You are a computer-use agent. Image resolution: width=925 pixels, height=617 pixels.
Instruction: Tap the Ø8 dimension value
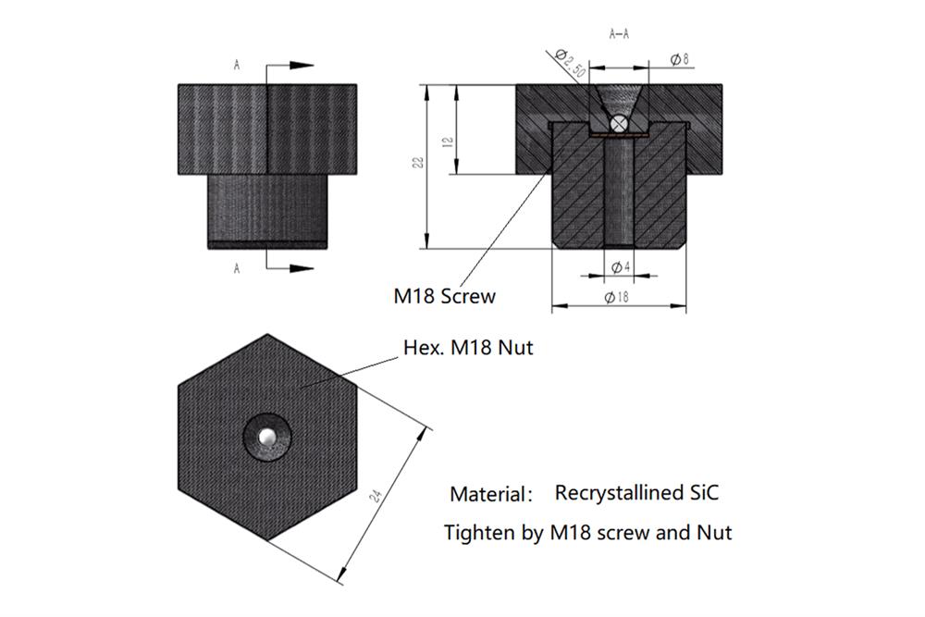[679, 58]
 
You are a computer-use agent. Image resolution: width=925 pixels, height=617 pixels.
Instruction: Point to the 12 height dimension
[448, 142]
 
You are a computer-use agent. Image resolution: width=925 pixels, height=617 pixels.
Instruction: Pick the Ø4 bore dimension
[621, 267]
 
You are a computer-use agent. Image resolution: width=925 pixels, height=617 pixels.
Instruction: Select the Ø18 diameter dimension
[617, 297]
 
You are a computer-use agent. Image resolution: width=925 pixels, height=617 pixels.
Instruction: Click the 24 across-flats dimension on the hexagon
[376, 496]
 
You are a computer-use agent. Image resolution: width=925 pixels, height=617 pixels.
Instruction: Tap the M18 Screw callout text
[445, 297]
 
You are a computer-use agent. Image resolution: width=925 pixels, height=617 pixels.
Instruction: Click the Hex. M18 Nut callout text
[468, 349]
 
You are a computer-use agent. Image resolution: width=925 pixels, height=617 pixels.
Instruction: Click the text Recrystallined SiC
[636, 492]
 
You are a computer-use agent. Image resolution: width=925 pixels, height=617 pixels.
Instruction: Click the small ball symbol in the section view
[620, 122]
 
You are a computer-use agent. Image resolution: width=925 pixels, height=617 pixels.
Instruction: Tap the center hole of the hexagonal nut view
[267, 436]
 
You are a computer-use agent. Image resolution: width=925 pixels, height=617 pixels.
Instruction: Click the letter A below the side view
[238, 269]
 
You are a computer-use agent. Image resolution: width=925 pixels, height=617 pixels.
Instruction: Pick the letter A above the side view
[238, 66]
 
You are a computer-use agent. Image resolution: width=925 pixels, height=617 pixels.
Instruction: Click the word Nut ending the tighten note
[713, 533]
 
